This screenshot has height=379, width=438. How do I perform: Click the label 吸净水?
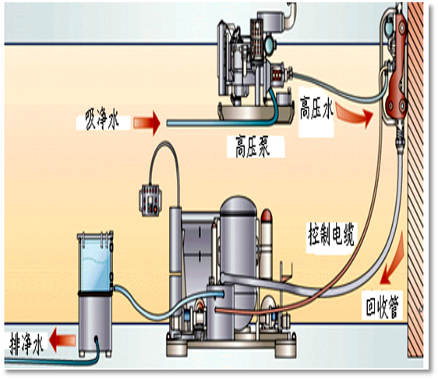coord(102,121)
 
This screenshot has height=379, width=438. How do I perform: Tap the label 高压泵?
coord(253,146)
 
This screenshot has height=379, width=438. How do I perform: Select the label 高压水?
coord(316,108)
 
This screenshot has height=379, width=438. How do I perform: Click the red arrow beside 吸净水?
coord(147,123)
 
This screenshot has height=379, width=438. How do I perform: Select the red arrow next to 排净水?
coord(62,340)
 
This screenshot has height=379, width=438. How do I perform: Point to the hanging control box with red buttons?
coord(150,200)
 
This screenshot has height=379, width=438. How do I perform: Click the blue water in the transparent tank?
coord(97,266)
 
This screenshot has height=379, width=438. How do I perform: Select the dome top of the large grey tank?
coord(238,205)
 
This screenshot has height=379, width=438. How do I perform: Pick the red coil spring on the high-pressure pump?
coord(277,75)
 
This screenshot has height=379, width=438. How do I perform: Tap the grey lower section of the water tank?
coord(95,324)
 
